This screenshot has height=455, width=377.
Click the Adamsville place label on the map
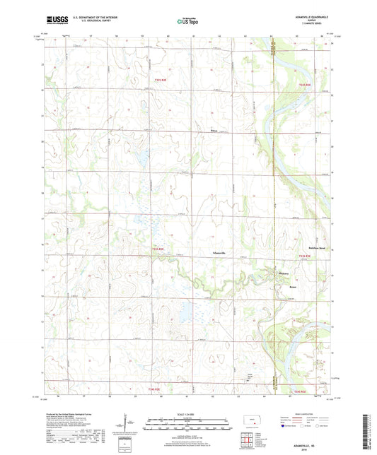(221, 252)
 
